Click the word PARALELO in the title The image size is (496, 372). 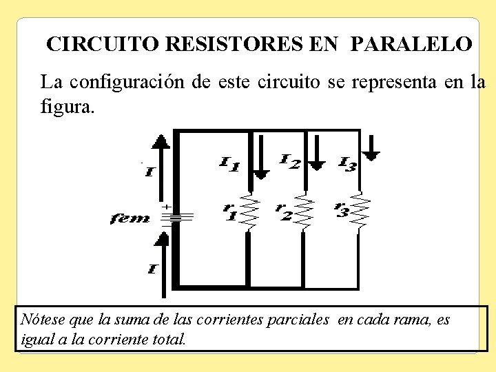tap(411, 44)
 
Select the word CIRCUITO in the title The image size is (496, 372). tap(103, 44)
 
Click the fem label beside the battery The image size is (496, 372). tap(130, 218)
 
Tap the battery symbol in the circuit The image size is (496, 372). tap(177, 217)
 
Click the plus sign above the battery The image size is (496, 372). tap(166, 206)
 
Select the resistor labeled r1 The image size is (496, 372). tap(249, 212)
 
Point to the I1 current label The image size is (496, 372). tap(229, 164)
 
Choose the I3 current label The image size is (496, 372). tap(348, 164)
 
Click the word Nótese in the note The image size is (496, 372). tap(40, 320)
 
